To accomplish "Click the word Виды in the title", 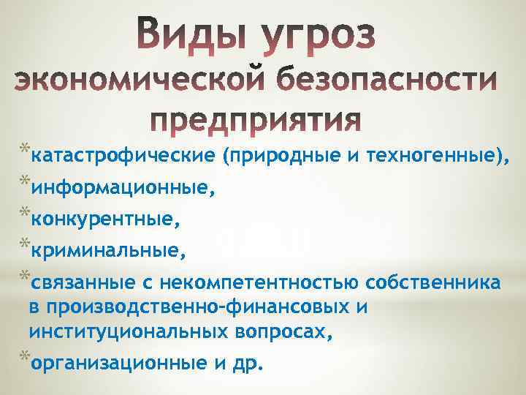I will (x=196, y=35).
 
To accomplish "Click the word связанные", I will (x=82, y=282).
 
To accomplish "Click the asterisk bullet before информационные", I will (x=25, y=184).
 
